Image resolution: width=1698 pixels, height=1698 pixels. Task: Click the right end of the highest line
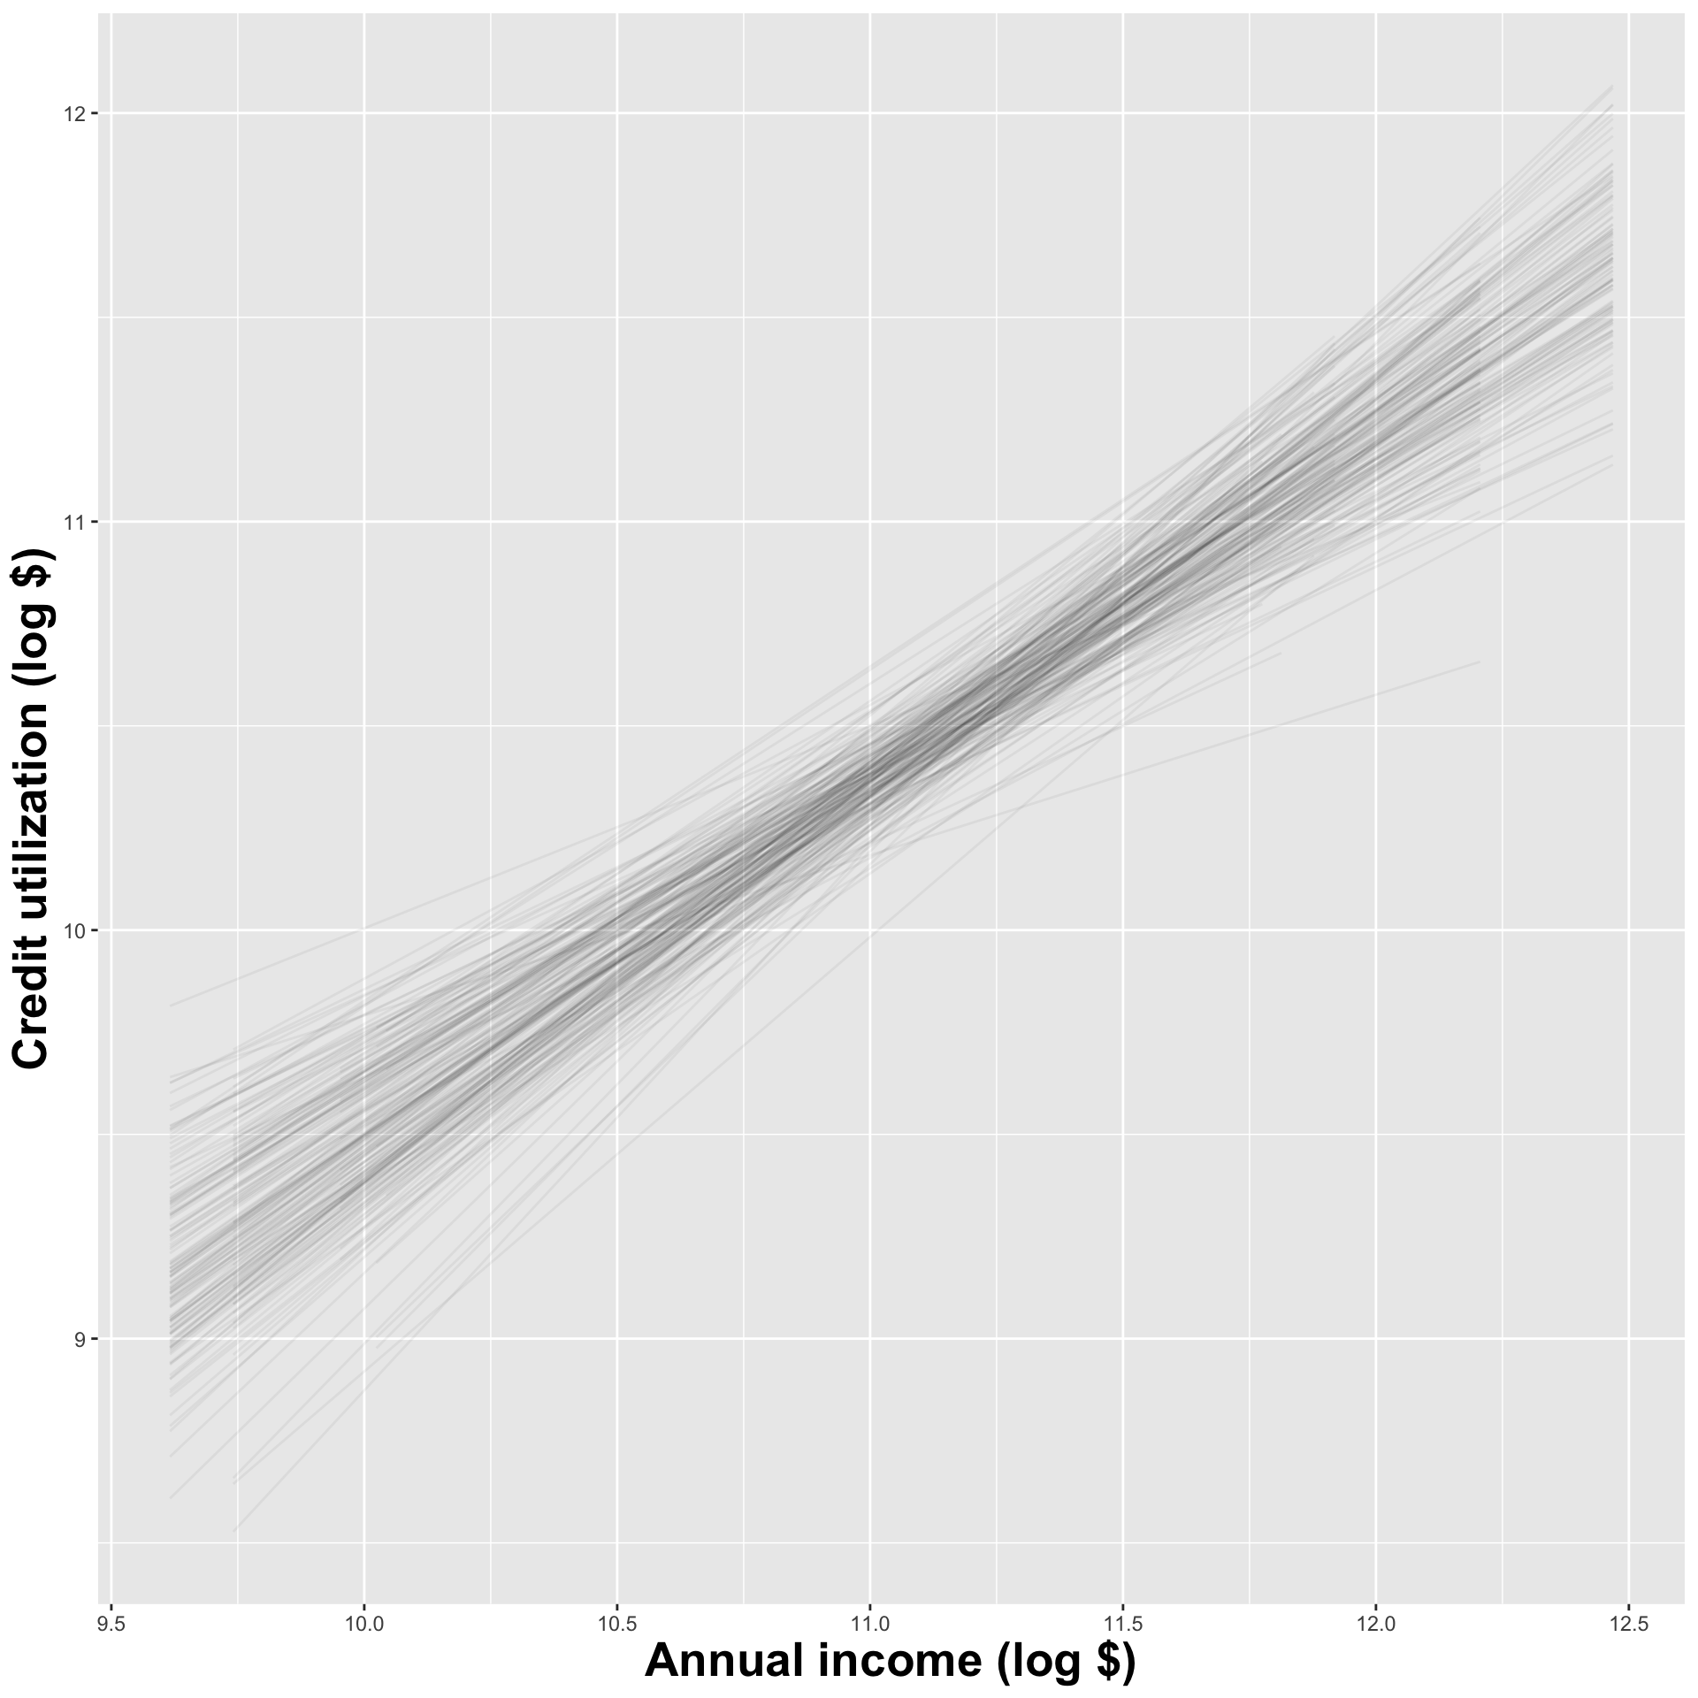(x=1612, y=87)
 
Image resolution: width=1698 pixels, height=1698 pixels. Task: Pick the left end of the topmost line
(x=171, y=1006)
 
